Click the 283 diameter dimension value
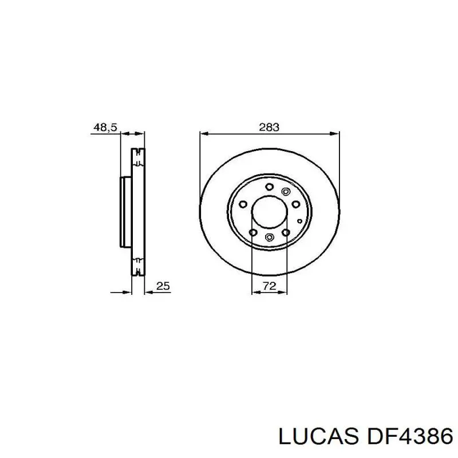tap(269, 128)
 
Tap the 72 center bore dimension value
tap(269, 286)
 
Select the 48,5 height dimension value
tap(105, 128)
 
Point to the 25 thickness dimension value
tap(163, 286)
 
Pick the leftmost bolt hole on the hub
tap(243, 204)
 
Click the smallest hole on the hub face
tap(299, 220)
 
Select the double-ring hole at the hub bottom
tap(269, 238)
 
